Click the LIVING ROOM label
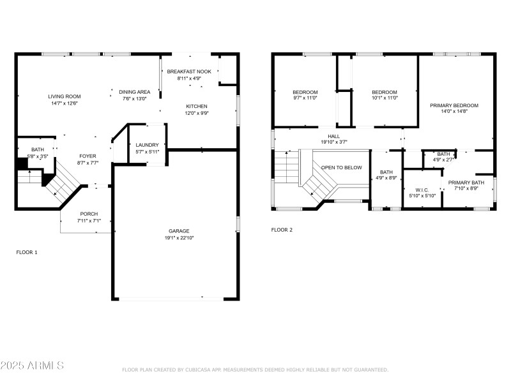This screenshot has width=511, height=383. [x=65, y=96]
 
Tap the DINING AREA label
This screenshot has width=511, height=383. [x=135, y=92]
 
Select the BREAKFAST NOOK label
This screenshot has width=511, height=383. [x=188, y=72]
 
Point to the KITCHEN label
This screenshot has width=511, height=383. [x=197, y=106]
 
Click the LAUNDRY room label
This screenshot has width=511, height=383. [x=147, y=145]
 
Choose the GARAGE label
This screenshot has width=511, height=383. [x=179, y=231]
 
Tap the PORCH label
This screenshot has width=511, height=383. [x=89, y=214]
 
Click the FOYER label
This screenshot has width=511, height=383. [x=88, y=156]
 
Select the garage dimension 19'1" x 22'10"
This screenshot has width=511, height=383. [x=179, y=238]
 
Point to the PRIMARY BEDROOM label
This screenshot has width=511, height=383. [x=454, y=105]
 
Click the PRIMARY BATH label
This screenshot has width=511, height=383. [x=466, y=183]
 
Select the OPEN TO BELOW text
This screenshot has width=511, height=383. [x=341, y=167]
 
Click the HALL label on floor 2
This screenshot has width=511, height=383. [x=334, y=136]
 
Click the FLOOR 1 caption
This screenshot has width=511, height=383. [x=27, y=252]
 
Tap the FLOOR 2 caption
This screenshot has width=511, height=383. [x=282, y=230]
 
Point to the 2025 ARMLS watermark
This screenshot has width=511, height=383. [x=32, y=366]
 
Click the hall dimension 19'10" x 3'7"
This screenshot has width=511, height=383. [x=334, y=142]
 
